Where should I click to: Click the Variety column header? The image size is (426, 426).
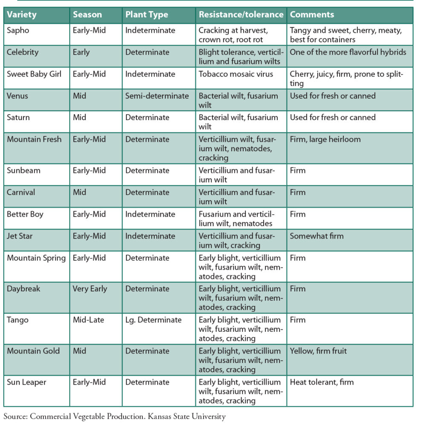(x=22, y=14)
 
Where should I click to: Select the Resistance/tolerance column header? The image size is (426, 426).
(x=241, y=14)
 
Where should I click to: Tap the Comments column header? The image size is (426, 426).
(x=312, y=14)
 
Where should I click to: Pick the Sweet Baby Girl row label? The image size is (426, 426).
(x=34, y=74)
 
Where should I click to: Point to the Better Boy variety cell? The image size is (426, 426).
(x=25, y=214)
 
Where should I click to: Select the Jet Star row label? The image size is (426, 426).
(x=20, y=236)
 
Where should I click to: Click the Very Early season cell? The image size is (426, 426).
(x=90, y=289)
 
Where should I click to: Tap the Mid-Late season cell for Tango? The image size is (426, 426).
(x=88, y=320)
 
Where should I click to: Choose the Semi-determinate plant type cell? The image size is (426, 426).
(x=157, y=96)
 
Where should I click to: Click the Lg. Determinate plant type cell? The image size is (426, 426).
(x=153, y=320)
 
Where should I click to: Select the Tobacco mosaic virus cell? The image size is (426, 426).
(x=236, y=74)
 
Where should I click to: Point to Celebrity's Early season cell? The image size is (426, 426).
(x=81, y=52)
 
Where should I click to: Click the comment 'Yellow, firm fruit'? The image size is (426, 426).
(x=318, y=351)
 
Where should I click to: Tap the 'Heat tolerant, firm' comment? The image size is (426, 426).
(x=322, y=382)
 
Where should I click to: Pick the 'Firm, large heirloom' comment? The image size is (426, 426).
(x=325, y=139)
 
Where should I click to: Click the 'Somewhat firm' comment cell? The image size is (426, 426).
(x=317, y=236)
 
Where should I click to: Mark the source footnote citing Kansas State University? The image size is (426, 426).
(x=115, y=416)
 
